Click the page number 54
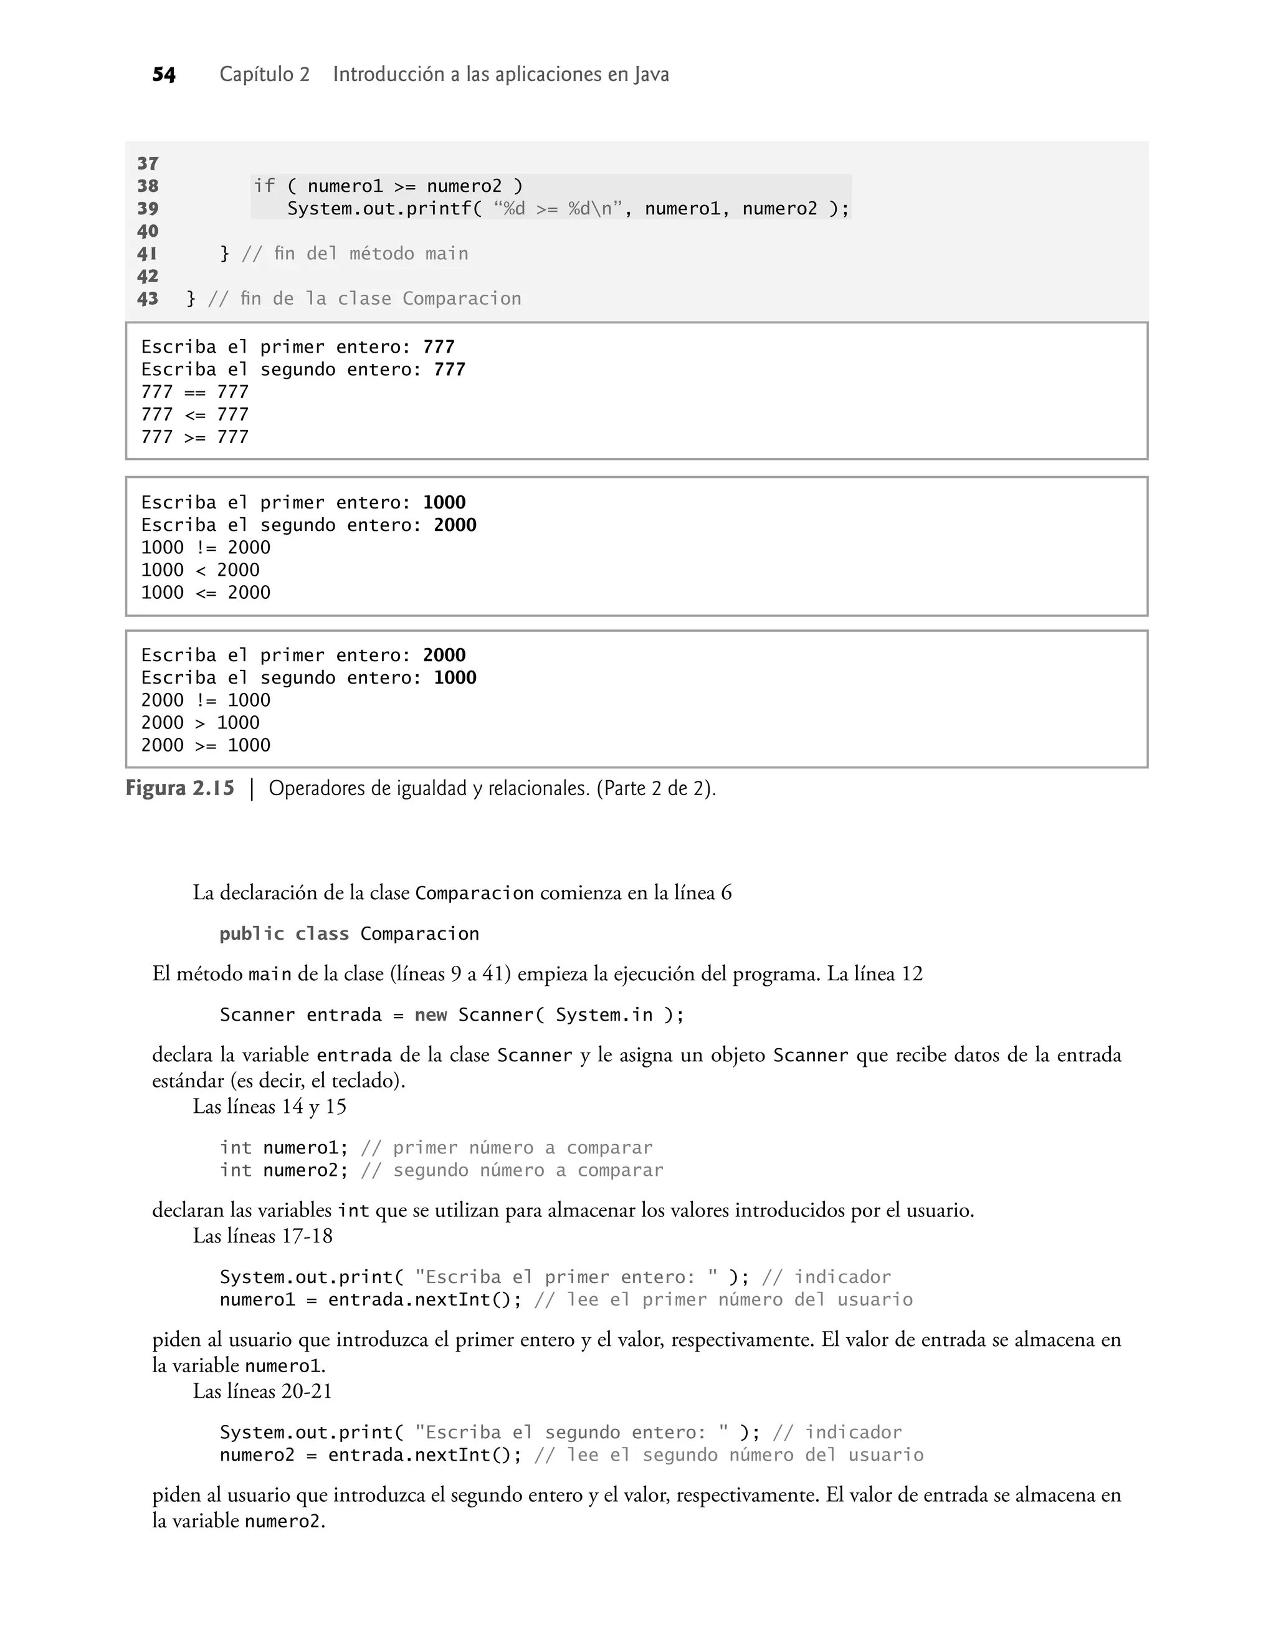164,75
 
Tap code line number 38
148,186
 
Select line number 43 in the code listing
148,299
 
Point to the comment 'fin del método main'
355,254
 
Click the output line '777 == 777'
195,392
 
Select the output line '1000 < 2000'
200,570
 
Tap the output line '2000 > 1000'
200,722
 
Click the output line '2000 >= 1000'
206,745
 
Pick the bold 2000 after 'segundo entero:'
455,525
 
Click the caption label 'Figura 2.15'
180,788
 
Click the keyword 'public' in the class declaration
252,934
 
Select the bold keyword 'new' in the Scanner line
431,1014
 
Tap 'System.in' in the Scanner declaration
604,1014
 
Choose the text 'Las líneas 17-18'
262,1236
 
